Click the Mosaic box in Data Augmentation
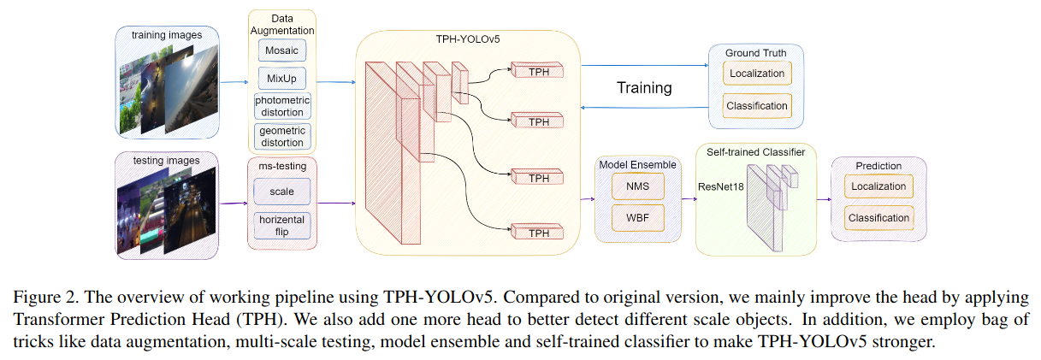[x=281, y=50]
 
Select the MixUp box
[x=281, y=80]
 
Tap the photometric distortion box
[x=282, y=106]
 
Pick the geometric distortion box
[x=282, y=136]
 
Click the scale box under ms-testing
[x=281, y=192]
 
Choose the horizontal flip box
[x=281, y=225]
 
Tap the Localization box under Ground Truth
[x=757, y=74]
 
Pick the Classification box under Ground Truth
[x=757, y=106]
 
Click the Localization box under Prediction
[x=878, y=186]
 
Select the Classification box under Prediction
[x=878, y=218]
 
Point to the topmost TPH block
[x=539, y=71]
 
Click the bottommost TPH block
[x=539, y=232]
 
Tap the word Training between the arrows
[x=644, y=87]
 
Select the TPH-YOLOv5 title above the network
[x=468, y=39]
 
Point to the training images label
[x=168, y=34]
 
